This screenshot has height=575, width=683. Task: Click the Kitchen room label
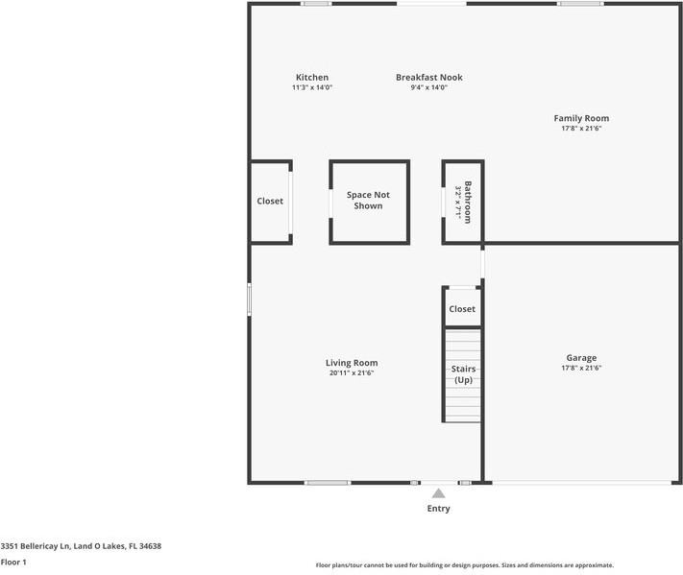(311, 78)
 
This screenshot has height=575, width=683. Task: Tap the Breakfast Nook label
(428, 78)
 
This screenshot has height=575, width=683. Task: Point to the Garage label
(581, 358)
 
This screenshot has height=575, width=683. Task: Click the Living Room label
(352, 363)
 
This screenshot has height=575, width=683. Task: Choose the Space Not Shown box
(368, 201)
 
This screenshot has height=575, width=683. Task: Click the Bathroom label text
(468, 202)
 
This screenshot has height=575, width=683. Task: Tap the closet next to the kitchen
(270, 202)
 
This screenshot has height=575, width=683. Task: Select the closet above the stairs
(462, 309)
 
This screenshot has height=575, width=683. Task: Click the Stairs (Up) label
(463, 374)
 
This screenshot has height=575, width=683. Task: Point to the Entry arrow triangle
(438, 492)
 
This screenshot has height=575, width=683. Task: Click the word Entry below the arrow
(438, 509)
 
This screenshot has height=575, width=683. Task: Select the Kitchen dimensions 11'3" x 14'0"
(311, 87)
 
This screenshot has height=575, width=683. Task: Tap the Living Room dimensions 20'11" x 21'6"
(352, 372)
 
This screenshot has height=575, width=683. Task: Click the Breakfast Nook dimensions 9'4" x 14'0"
(428, 87)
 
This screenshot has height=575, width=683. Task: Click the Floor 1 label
(13, 563)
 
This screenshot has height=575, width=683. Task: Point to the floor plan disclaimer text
(464, 565)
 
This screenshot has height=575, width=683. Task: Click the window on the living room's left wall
(249, 299)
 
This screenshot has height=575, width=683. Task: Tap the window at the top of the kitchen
(316, 4)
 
